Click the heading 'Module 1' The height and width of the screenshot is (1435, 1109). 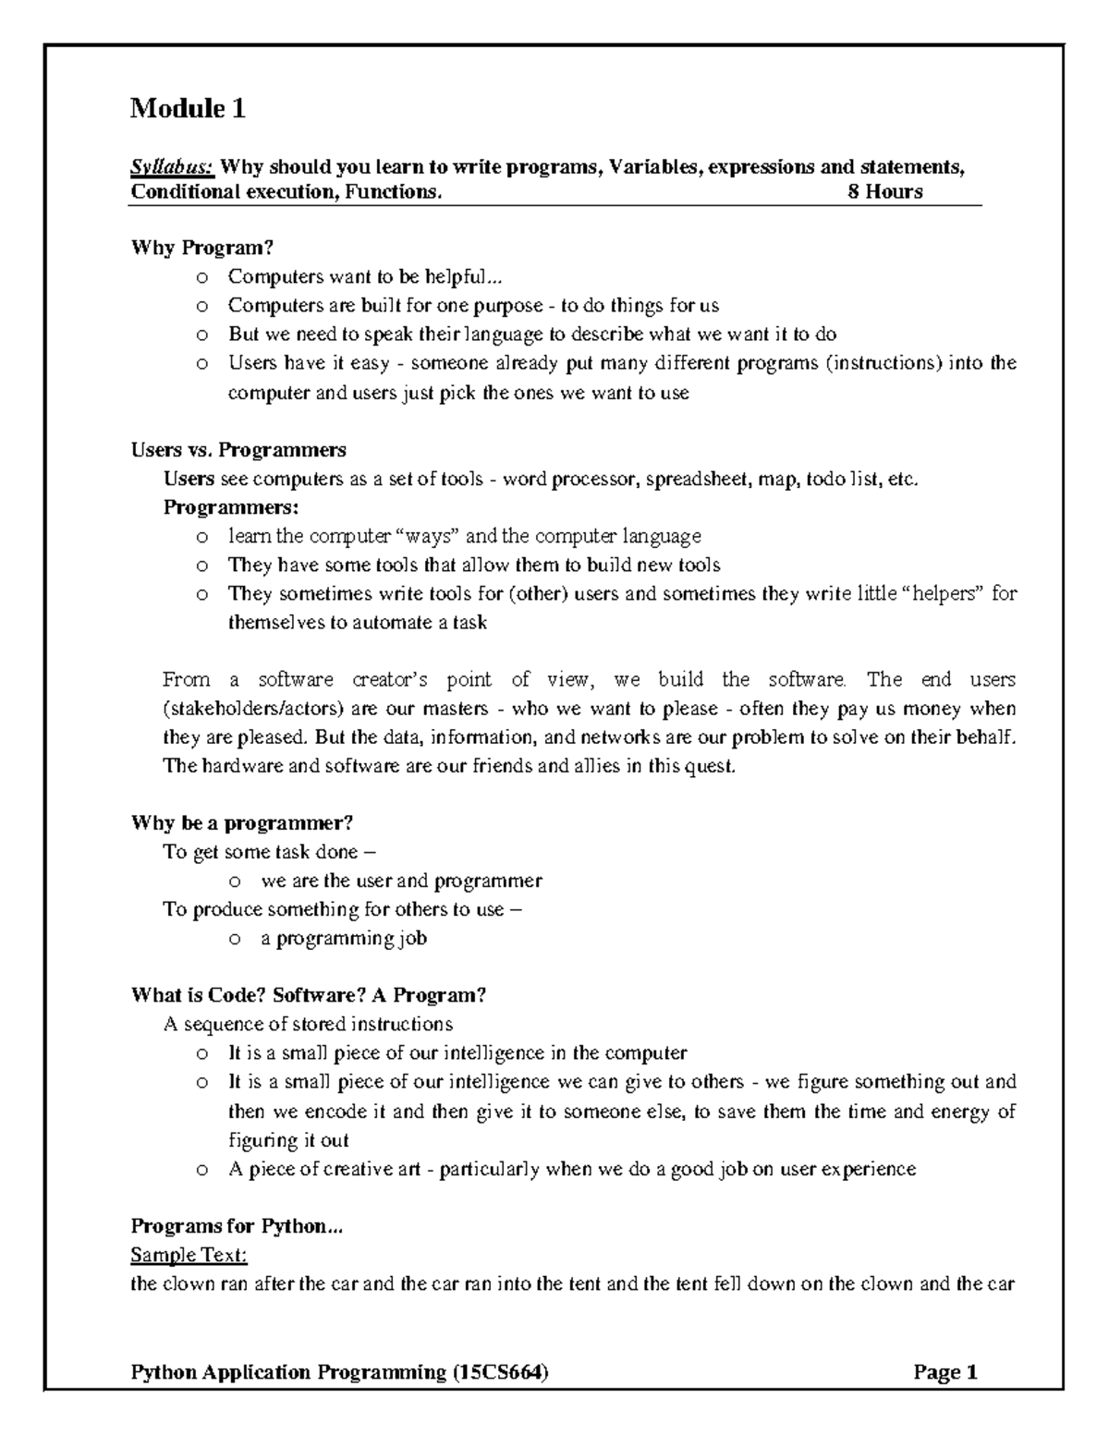tap(188, 109)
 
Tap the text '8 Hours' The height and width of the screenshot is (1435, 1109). tap(885, 192)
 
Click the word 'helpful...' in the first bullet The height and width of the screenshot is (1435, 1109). tap(470, 276)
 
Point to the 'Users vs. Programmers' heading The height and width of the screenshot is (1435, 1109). tap(238, 450)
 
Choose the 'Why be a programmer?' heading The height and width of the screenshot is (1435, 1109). tap(242, 823)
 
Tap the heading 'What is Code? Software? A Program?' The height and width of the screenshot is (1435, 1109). tap(309, 995)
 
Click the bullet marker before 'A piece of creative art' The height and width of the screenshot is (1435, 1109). tap(201, 1170)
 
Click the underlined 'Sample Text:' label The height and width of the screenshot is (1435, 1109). tap(189, 1255)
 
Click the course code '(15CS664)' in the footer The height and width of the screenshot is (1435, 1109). tap(499, 1372)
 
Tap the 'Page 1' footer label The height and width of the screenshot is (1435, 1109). tap(945, 1372)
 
